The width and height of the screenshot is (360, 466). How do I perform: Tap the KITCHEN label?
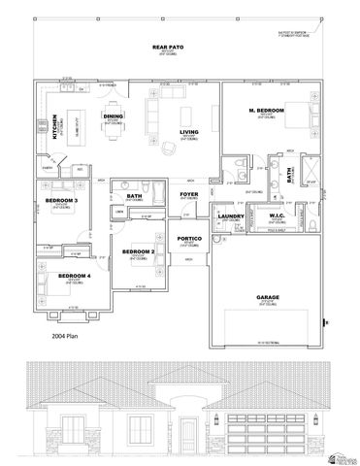tap(55, 127)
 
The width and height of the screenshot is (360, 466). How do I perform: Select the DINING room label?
tap(114, 116)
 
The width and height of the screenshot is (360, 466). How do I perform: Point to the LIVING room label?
tap(188, 131)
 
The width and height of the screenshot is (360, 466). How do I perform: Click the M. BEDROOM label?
tap(265, 112)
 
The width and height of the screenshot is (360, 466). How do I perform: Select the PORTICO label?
tap(189, 238)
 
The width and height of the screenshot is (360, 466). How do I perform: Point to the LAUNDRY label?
tap(231, 216)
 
